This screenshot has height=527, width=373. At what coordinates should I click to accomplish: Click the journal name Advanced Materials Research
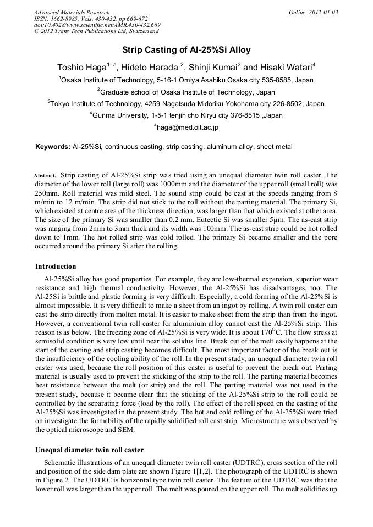click(x=72, y=12)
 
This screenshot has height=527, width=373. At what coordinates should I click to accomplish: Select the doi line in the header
click(x=97, y=25)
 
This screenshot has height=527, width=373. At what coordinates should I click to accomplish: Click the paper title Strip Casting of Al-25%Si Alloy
click(x=186, y=50)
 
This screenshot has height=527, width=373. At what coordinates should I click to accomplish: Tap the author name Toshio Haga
click(x=81, y=68)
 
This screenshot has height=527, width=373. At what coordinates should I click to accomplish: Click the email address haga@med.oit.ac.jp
click(x=187, y=127)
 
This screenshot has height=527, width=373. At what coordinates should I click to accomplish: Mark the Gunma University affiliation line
click(x=186, y=115)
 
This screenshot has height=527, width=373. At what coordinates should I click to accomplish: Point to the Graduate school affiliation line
click(x=186, y=92)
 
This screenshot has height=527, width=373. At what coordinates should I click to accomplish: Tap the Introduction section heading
click(x=56, y=267)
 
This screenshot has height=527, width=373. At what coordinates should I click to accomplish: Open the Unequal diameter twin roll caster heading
click(x=89, y=450)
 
